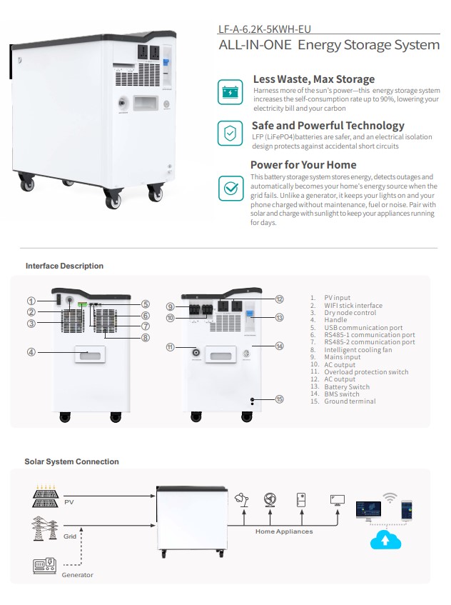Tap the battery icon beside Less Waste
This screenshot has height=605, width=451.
click(230, 91)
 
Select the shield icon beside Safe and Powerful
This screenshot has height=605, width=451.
click(230, 134)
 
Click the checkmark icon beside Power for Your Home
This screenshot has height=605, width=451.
click(230, 188)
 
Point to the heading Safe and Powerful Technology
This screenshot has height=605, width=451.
click(328, 126)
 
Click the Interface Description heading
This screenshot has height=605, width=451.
click(64, 266)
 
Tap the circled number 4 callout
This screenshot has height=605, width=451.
click(31, 351)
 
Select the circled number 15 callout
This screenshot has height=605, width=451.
click(280, 399)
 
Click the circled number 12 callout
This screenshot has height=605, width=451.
click(280, 299)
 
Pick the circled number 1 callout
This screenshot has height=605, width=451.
click(31, 301)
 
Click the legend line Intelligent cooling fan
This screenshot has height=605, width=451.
click(357, 350)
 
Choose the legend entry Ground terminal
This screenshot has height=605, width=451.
click(350, 401)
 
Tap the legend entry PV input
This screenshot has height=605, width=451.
click(337, 297)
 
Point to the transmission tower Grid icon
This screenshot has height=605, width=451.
click(44, 528)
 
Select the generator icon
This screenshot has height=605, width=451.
click(44, 566)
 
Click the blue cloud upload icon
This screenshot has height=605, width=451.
click(385, 539)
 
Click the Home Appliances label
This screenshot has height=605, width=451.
click(284, 531)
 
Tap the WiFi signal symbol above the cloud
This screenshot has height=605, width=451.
click(390, 497)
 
